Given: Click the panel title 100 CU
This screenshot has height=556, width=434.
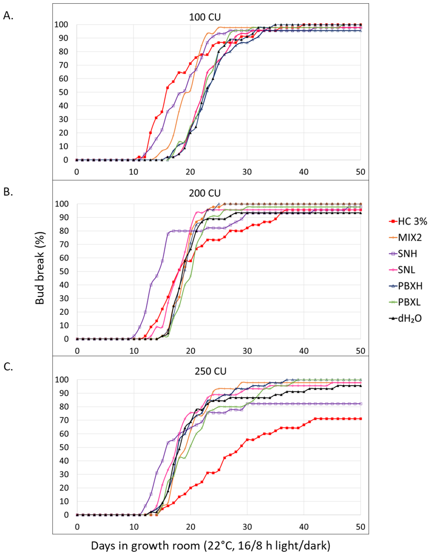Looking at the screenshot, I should [205, 17].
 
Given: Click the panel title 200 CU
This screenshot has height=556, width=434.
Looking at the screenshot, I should [205, 193].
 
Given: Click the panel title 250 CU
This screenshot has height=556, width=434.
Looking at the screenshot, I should [210, 371].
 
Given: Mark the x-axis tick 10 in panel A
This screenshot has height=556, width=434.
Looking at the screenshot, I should [133, 172].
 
